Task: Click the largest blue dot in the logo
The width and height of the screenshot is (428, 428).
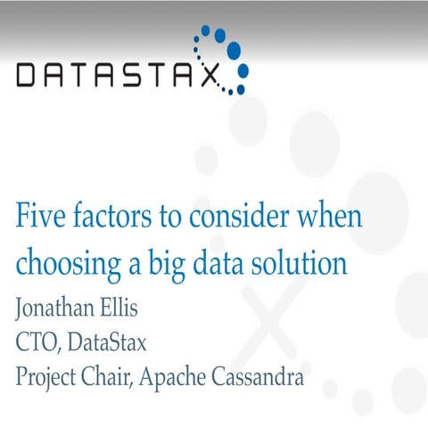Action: (x=234, y=48)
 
